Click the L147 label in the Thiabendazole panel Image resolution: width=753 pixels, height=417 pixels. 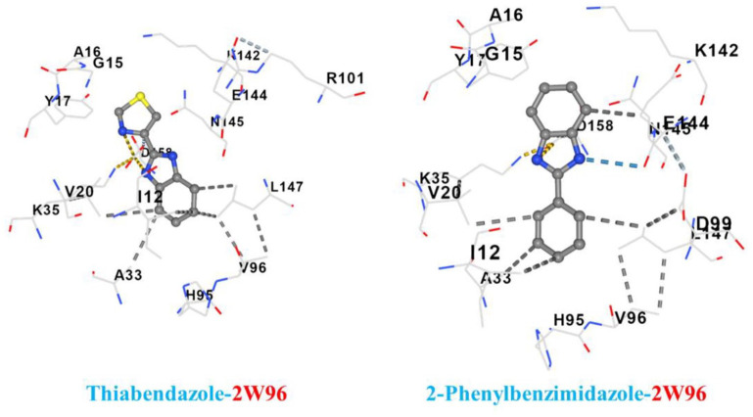coord(286,186)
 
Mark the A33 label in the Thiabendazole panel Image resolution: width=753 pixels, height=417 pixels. coord(126,275)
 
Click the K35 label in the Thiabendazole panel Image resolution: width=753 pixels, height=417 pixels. coord(48,209)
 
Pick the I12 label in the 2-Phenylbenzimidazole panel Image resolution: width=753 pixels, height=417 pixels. coord(487,254)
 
